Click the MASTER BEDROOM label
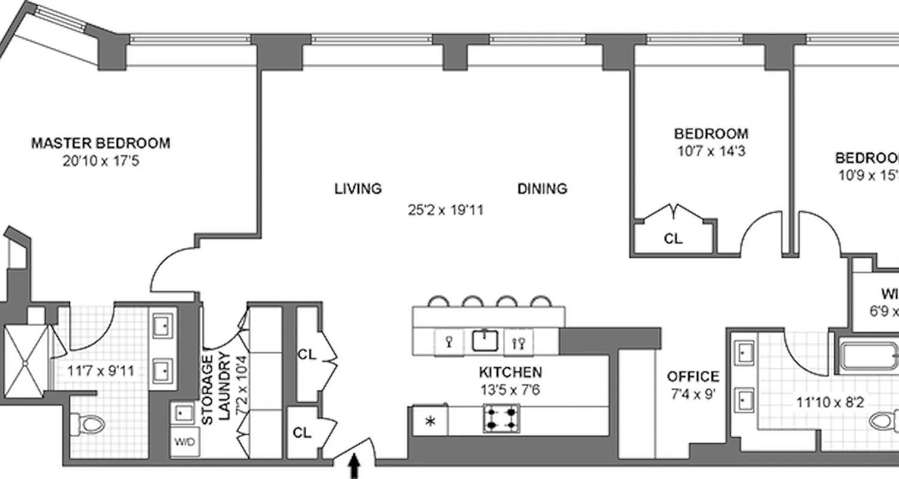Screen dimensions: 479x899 pyautogui.click(x=100, y=143)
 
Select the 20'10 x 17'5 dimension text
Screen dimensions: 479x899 pyautogui.click(x=100, y=160)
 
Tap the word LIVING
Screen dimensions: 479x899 pyautogui.click(x=358, y=189)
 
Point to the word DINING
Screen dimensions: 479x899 pyautogui.click(x=542, y=189)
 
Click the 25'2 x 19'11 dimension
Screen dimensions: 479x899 pyautogui.click(x=444, y=210)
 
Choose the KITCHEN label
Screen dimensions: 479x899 pyautogui.click(x=510, y=372)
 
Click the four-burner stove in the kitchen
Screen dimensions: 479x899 pyautogui.click(x=501, y=419)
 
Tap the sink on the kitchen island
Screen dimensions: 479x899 pyautogui.click(x=486, y=341)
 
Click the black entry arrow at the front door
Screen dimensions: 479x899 pyautogui.click(x=354, y=466)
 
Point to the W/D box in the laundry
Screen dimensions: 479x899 pyautogui.click(x=184, y=443)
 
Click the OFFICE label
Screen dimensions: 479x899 pyautogui.click(x=693, y=377)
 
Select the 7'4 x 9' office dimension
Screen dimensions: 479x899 pyautogui.click(x=693, y=395)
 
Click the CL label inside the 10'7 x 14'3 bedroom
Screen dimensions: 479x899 pyautogui.click(x=673, y=238)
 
